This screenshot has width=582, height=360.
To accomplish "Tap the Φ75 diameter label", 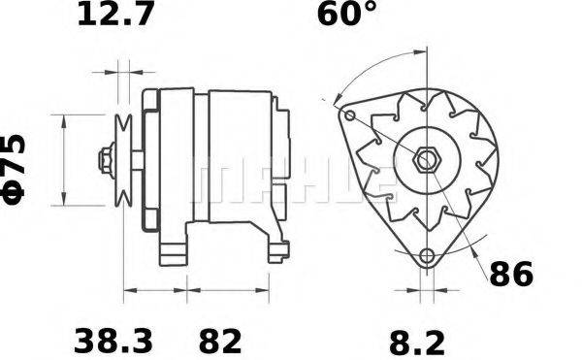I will point(17,169).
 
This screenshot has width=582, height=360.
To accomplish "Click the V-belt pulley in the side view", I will point(122,159).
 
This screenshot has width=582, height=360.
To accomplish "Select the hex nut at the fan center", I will point(427,160).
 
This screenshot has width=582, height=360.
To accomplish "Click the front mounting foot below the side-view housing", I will point(175,251).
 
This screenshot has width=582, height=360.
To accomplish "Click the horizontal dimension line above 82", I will point(234,290).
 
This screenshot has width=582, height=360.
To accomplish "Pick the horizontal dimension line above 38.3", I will point(155,290).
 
